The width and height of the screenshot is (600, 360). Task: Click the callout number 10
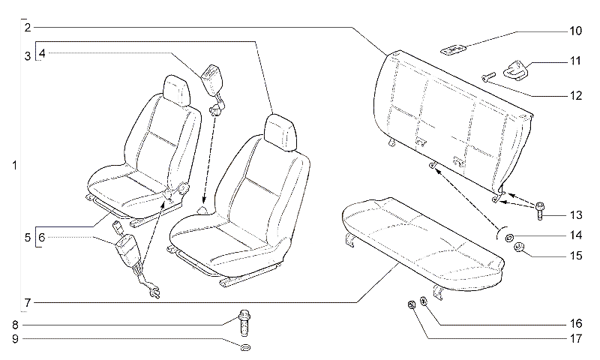(x=575, y=31)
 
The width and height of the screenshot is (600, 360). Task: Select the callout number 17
(x=575, y=338)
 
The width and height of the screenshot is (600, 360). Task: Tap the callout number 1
(x=14, y=166)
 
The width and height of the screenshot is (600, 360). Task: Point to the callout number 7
(x=27, y=303)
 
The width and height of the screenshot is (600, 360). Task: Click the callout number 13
(x=575, y=215)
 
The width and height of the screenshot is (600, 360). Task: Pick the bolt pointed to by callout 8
(x=244, y=322)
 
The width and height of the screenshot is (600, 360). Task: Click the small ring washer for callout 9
(x=245, y=347)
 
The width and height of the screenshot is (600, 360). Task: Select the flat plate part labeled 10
(x=453, y=49)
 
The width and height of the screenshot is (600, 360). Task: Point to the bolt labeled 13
(x=540, y=211)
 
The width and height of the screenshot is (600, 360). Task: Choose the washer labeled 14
(x=509, y=238)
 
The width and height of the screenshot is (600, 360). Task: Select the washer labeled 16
(x=424, y=301)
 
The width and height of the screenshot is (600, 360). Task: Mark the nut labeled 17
(x=411, y=305)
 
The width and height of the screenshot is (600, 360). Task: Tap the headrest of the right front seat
(x=280, y=131)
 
